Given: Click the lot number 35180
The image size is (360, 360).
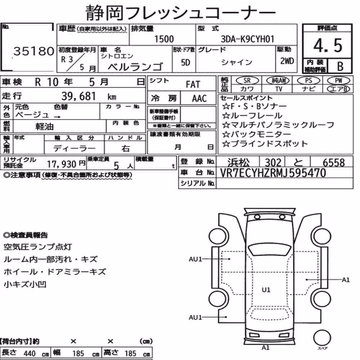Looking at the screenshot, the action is [34, 51].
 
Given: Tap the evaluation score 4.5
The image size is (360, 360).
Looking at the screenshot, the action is [328, 45].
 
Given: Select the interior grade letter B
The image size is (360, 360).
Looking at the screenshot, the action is [340, 66].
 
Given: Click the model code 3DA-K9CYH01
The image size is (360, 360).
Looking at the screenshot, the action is [248, 39].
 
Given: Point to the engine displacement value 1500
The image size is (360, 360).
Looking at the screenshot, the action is [164, 39].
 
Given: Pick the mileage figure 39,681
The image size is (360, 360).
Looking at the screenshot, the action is [78, 96].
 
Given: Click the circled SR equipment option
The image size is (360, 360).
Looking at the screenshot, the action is [247, 81].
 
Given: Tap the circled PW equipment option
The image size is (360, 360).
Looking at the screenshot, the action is [338, 81].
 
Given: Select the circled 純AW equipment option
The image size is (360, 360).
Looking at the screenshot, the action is [278, 81].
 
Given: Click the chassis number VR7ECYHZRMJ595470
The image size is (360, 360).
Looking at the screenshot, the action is [273, 173].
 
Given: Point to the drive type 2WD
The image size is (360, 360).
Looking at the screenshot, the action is [287, 61].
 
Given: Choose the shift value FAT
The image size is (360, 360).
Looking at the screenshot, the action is [193, 85].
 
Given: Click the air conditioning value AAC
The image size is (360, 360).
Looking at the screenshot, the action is [199, 99].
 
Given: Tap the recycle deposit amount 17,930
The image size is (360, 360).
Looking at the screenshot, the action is [62, 164].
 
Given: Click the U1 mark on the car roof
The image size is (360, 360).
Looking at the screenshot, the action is [266, 290].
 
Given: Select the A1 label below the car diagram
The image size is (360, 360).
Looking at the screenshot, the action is [265, 348].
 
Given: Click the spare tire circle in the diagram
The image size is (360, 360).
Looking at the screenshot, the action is [322, 338].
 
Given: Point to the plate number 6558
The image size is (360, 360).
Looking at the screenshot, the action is [334, 163].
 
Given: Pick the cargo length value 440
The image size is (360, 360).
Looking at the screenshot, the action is [30, 354].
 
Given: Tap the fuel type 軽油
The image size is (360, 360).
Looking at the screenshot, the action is [44, 126].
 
